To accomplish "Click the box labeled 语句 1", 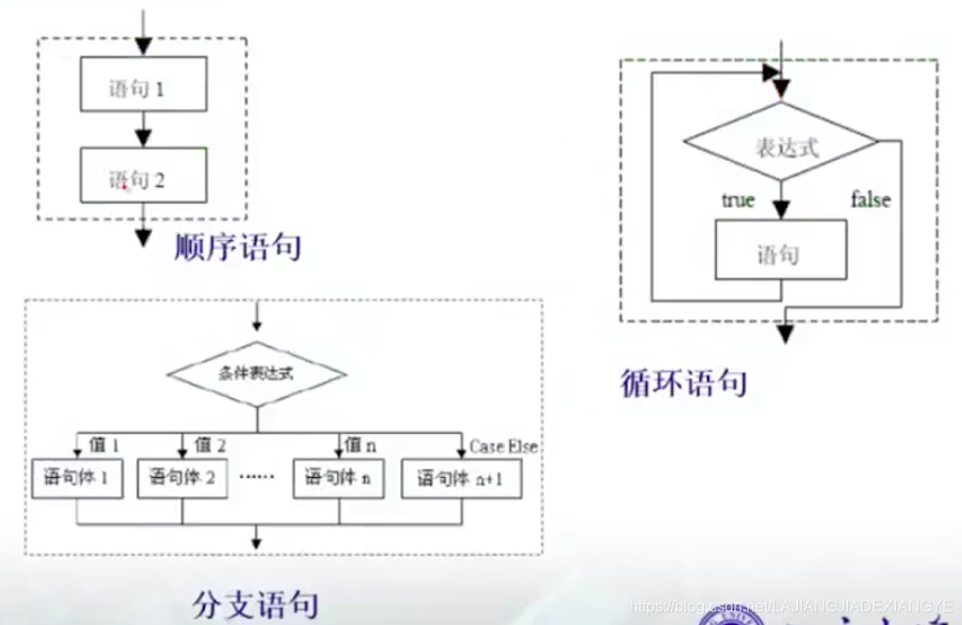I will pos(143,87).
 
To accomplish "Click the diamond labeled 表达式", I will pos(782,149).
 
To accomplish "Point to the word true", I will pos(737,200).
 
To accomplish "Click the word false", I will pos(870,200).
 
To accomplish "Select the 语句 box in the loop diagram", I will pos(781,255).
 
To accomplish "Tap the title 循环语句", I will pos(684,381).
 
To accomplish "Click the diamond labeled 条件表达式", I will pos(256,373).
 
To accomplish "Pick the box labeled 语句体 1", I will pos(77,478).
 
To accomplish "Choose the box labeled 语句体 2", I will pos(182,478).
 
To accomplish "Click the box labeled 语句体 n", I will pos(337,478).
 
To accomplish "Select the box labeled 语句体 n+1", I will pos(461,478).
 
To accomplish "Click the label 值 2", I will pos(210,445).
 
